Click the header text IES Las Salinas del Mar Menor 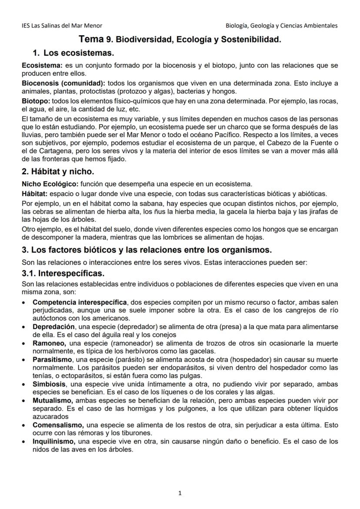click(62, 26)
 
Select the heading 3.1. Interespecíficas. click(63, 275)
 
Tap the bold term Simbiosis click(49, 385)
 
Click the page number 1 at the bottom click(180, 493)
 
